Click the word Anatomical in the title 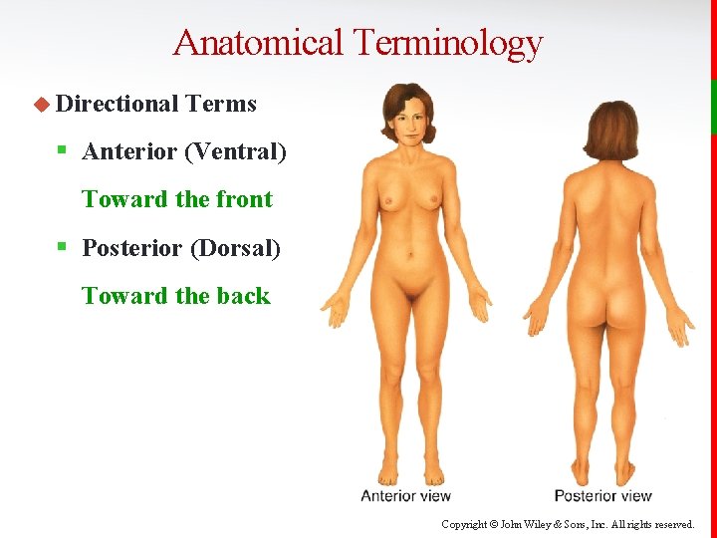[x=257, y=43]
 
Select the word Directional [x=117, y=104]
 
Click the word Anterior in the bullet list [x=128, y=151]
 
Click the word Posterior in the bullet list [x=131, y=247]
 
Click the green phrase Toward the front [x=177, y=199]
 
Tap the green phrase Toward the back [x=176, y=296]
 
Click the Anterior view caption [x=405, y=495]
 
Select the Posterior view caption [x=602, y=495]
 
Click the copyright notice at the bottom [x=568, y=524]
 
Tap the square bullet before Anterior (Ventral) [x=62, y=151]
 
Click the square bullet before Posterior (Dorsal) [x=62, y=247]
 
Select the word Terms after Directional [x=221, y=104]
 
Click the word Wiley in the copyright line [x=529, y=524]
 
